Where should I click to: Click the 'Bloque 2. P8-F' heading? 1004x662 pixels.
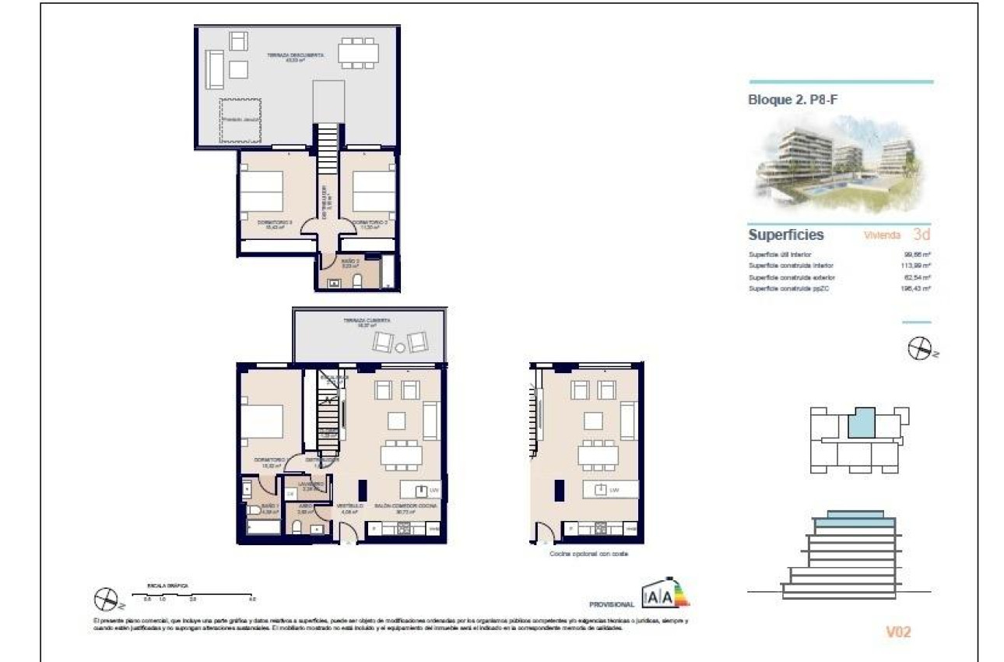click(x=793, y=100)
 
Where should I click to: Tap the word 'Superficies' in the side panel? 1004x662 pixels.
click(x=785, y=234)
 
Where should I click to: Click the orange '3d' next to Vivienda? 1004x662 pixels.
click(x=922, y=234)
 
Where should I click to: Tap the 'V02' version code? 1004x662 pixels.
click(x=898, y=632)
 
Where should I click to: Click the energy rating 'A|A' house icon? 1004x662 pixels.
click(x=658, y=596)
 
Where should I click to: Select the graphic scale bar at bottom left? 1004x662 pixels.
click(x=194, y=595)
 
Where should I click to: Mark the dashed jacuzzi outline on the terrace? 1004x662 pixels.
click(x=240, y=121)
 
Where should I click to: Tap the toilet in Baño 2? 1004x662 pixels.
click(x=357, y=282)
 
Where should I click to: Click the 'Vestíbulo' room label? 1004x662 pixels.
click(x=349, y=506)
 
